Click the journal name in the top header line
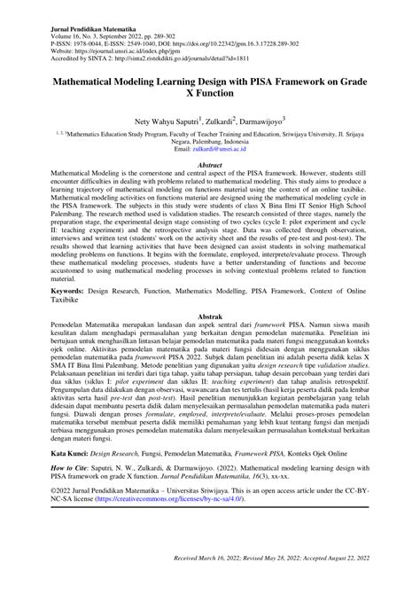click(x=80, y=28)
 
